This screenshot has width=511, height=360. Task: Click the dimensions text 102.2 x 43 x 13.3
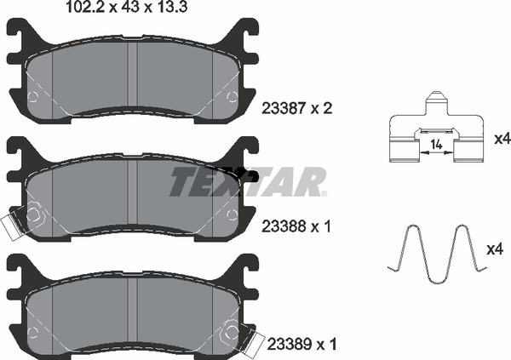click(127, 7)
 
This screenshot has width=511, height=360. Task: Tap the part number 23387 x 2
click(297, 108)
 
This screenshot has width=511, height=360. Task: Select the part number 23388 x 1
click(296, 226)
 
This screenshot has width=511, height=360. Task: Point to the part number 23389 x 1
click(301, 344)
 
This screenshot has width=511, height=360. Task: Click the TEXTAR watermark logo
click(248, 182)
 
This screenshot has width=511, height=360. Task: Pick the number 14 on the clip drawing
click(436, 144)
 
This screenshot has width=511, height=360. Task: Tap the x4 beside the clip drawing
click(502, 140)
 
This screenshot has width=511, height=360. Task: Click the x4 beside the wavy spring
click(495, 249)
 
